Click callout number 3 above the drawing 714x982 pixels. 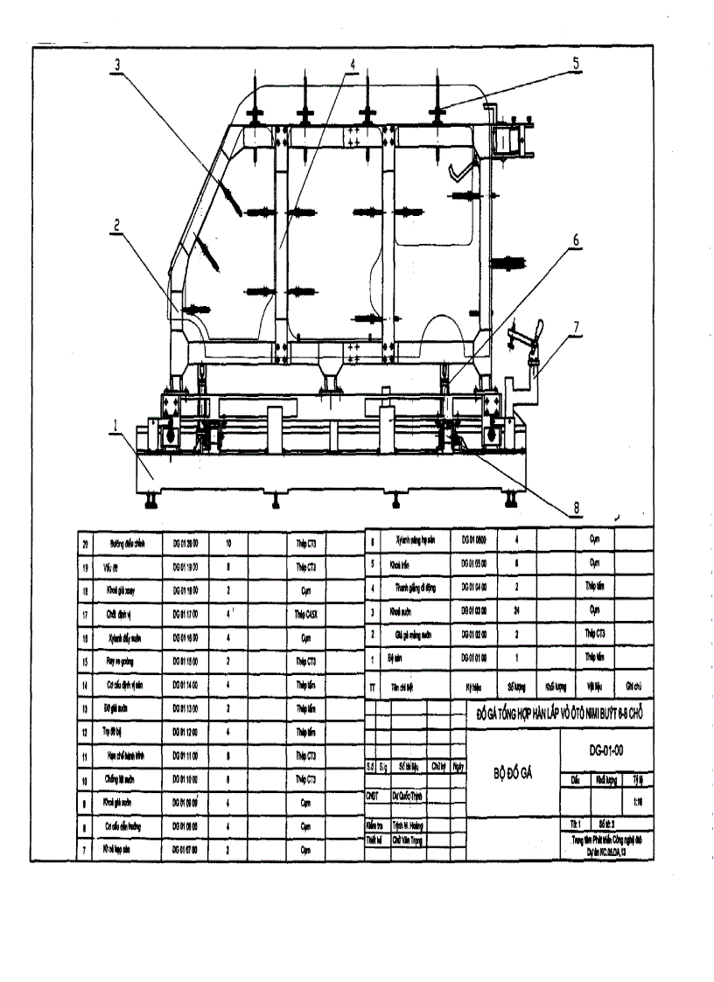tap(116, 63)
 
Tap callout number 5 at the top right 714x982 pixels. tap(577, 63)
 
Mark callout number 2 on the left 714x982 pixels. tap(116, 224)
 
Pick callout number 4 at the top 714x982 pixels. tap(352, 63)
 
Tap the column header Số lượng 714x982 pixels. tap(520, 687)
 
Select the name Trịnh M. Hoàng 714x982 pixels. tap(409, 825)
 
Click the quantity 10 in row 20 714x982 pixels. tap(228, 544)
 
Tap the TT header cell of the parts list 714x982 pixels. tap(373, 687)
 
